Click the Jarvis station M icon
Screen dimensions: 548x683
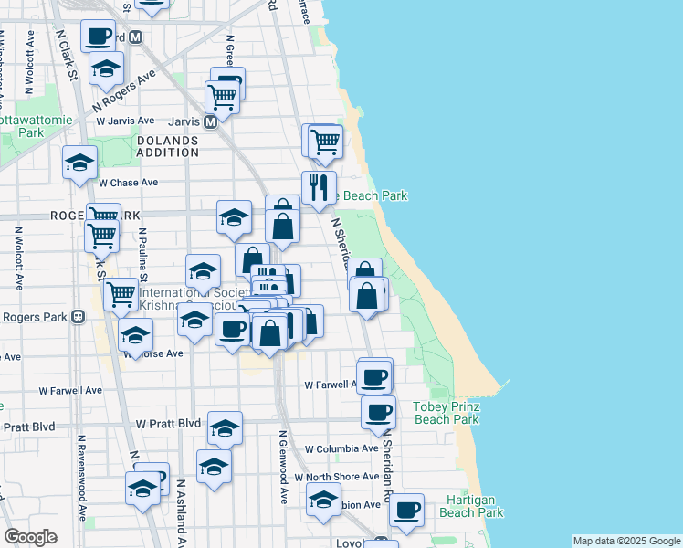point(210,121)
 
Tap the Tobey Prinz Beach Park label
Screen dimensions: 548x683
point(446,413)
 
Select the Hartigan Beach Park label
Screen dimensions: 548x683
point(471,506)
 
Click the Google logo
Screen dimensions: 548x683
point(30,537)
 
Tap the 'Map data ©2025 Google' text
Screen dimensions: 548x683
point(625,541)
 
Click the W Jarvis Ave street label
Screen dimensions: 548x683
point(124,121)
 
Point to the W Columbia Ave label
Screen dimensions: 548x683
point(341,449)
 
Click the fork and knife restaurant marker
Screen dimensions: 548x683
point(319,187)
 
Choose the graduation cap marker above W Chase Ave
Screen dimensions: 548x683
point(79,163)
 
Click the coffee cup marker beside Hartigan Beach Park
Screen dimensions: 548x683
point(407,510)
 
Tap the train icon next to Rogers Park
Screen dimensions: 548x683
point(78,318)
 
